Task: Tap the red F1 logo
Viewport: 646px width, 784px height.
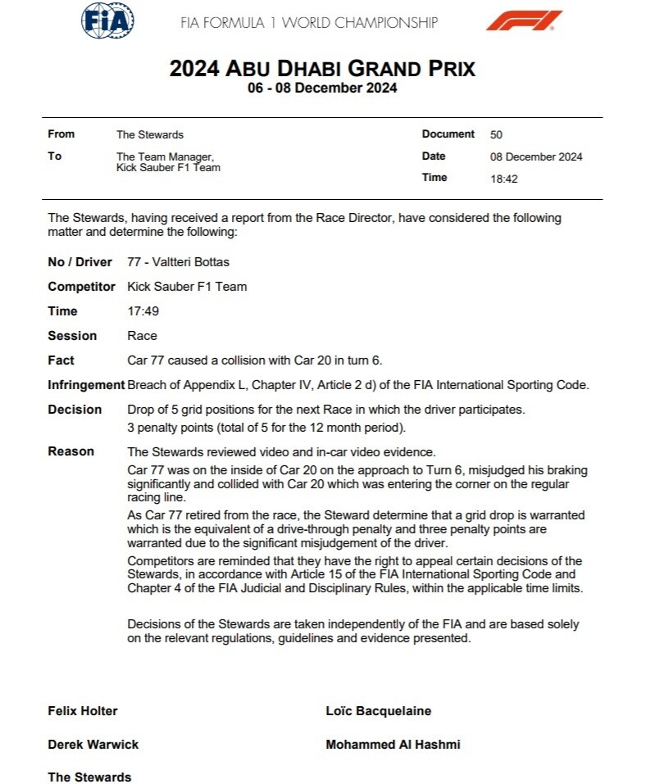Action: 524,20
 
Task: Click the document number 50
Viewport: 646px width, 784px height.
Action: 496,134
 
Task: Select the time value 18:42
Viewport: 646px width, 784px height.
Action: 503,179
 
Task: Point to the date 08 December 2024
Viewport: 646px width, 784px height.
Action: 535,156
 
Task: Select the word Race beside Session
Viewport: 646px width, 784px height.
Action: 142,336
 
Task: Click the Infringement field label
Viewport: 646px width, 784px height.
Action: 85,385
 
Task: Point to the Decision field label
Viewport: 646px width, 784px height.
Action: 75,410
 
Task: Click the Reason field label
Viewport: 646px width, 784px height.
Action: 71,451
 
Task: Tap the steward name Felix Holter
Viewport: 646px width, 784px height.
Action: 83,711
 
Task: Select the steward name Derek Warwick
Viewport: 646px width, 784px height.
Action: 93,745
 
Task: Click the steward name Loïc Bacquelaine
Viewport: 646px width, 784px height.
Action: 378,711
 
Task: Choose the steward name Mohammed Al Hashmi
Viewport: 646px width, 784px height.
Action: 393,745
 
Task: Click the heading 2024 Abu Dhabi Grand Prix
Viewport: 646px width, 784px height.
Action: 322,68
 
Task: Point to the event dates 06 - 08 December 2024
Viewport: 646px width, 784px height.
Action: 322,88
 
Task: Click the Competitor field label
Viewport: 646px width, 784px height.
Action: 81,287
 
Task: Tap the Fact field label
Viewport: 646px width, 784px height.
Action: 61,360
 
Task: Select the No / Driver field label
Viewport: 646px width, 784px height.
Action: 81,262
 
